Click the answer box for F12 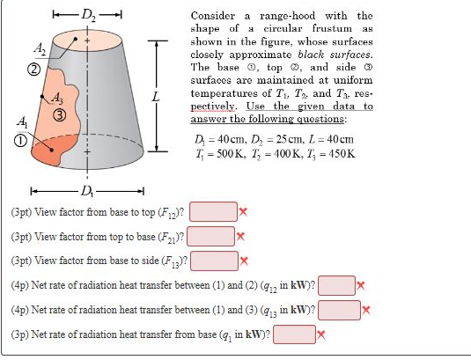pos(213,211)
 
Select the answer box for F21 pos(211,236)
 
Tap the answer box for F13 pos(215,261)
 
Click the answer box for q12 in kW pos(336,285)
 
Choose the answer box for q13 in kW pos(340,310)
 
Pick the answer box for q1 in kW pos(295,334)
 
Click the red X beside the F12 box pos(243,212)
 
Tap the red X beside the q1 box pos(321,334)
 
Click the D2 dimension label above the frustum pos(89,15)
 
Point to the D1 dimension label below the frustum pos(87,191)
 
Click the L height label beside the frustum pos(155,97)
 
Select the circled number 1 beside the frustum pos(20,141)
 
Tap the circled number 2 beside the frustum pos(34,70)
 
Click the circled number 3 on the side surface pos(60,115)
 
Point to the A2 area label pos(40,48)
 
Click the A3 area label pos(57,98)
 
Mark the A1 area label pos(23,122)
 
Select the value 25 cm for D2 pos(290,139)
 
